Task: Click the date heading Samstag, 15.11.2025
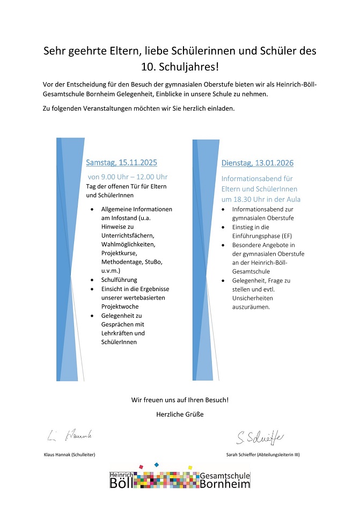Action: click(x=121, y=162)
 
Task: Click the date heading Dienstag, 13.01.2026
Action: click(x=258, y=163)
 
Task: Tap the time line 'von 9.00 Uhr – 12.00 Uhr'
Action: click(x=128, y=177)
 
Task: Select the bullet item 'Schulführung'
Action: click(x=119, y=280)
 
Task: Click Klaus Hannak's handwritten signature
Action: click(x=70, y=435)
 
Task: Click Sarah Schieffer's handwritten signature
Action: click(x=260, y=437)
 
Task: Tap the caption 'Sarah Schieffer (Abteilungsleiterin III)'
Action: click(x=263, y=455)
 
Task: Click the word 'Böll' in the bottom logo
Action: click(x=121, y=483)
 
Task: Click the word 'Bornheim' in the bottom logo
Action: click(x=225, y=484)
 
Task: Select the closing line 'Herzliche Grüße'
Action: click(x=180, y=414)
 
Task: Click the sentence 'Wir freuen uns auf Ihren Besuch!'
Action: click(x=180, y=400)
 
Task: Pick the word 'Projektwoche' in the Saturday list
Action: click(x=120, y=306)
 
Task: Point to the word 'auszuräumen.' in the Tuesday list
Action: click(x=251, y=307)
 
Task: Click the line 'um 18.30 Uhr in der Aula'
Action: click(x=261, y=199)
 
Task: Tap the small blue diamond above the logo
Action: click(x=156, y=464)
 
